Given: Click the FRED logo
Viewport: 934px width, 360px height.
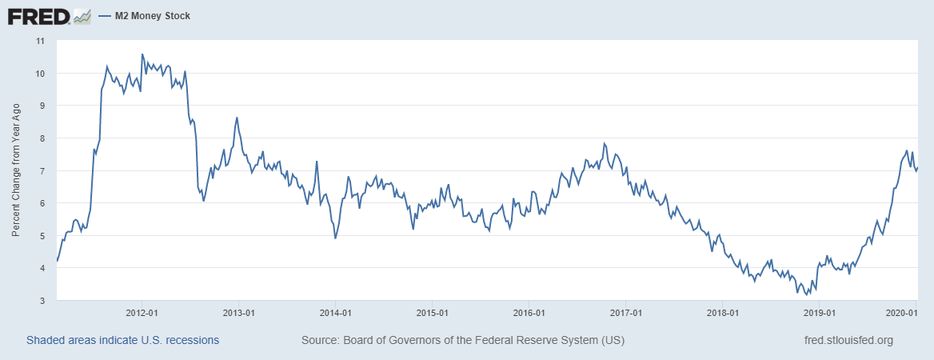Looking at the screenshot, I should point(40,16).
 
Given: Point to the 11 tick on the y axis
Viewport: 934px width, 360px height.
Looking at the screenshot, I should point(39,40).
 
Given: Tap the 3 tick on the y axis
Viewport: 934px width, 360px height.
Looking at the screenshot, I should point(42,300).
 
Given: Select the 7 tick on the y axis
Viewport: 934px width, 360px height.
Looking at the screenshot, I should point(42,170).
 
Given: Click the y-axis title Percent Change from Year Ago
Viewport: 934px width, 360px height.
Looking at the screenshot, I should point(15,170).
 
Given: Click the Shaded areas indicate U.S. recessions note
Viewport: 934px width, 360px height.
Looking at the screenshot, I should point(122,340).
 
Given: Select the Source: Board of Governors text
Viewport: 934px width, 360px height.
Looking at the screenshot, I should point(463,340).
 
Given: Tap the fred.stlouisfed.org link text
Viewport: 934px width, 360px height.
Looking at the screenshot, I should point(848,340).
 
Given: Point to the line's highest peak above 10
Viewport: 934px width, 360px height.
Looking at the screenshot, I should point(142,54).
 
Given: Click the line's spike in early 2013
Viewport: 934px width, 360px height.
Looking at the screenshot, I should point(237,118).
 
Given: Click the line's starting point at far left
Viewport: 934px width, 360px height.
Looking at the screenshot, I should point(57,261).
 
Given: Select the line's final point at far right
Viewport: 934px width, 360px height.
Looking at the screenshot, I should point(918,167).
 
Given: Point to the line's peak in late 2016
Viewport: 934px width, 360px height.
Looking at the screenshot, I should point(605,144).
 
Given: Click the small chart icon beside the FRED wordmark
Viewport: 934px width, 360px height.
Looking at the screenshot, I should point(82,16).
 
